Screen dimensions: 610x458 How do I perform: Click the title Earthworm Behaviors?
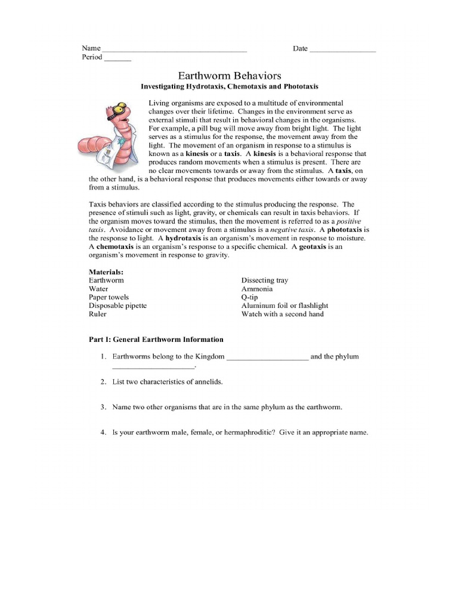(230, 76)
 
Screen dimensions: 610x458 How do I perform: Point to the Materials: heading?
(106, 272)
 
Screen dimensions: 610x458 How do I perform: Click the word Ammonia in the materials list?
(257, 289)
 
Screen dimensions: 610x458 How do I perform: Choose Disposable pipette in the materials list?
(117, 306)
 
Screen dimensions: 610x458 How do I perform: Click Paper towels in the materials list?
(109, 297)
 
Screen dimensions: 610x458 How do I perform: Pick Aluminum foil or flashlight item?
(284, 306)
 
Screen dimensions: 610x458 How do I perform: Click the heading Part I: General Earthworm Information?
(156, 340)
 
